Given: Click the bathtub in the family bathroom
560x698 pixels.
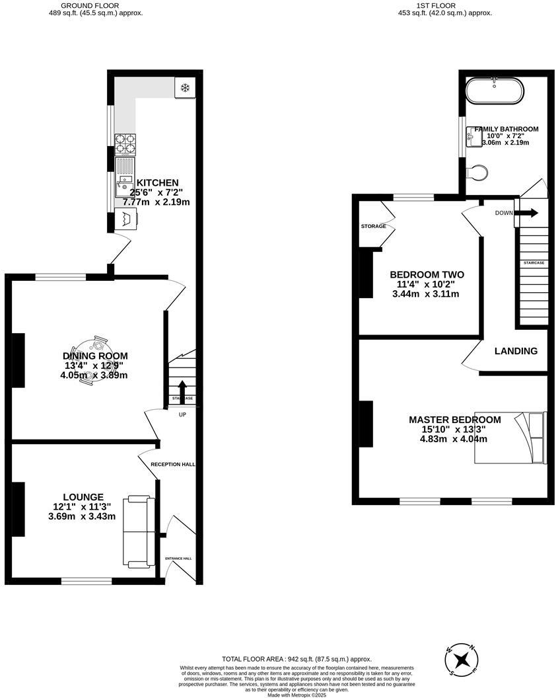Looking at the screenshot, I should [x=495, y=91].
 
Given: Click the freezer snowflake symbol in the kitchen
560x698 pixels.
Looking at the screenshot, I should [x=185, y=88].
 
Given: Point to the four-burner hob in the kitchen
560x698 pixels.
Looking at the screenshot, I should [x=125, y=144].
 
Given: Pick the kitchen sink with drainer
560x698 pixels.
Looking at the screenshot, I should [x=124, y=176].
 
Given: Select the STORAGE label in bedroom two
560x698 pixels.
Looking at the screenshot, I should [x=373, y=227].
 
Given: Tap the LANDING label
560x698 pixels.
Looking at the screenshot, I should [x=516, y=351].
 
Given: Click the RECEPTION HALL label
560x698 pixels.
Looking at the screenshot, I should [x=173, y=465].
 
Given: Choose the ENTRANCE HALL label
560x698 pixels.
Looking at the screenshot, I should [x=178, y=559].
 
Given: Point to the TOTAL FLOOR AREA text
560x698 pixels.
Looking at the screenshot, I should [x=297, y=659].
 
